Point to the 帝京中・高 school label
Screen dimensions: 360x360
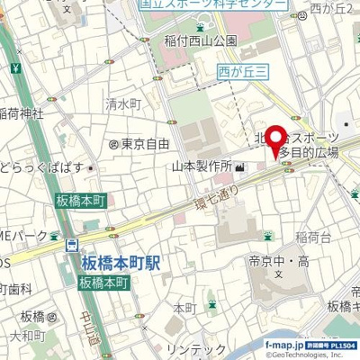[278, 261]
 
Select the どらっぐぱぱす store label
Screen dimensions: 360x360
[41, 167]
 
